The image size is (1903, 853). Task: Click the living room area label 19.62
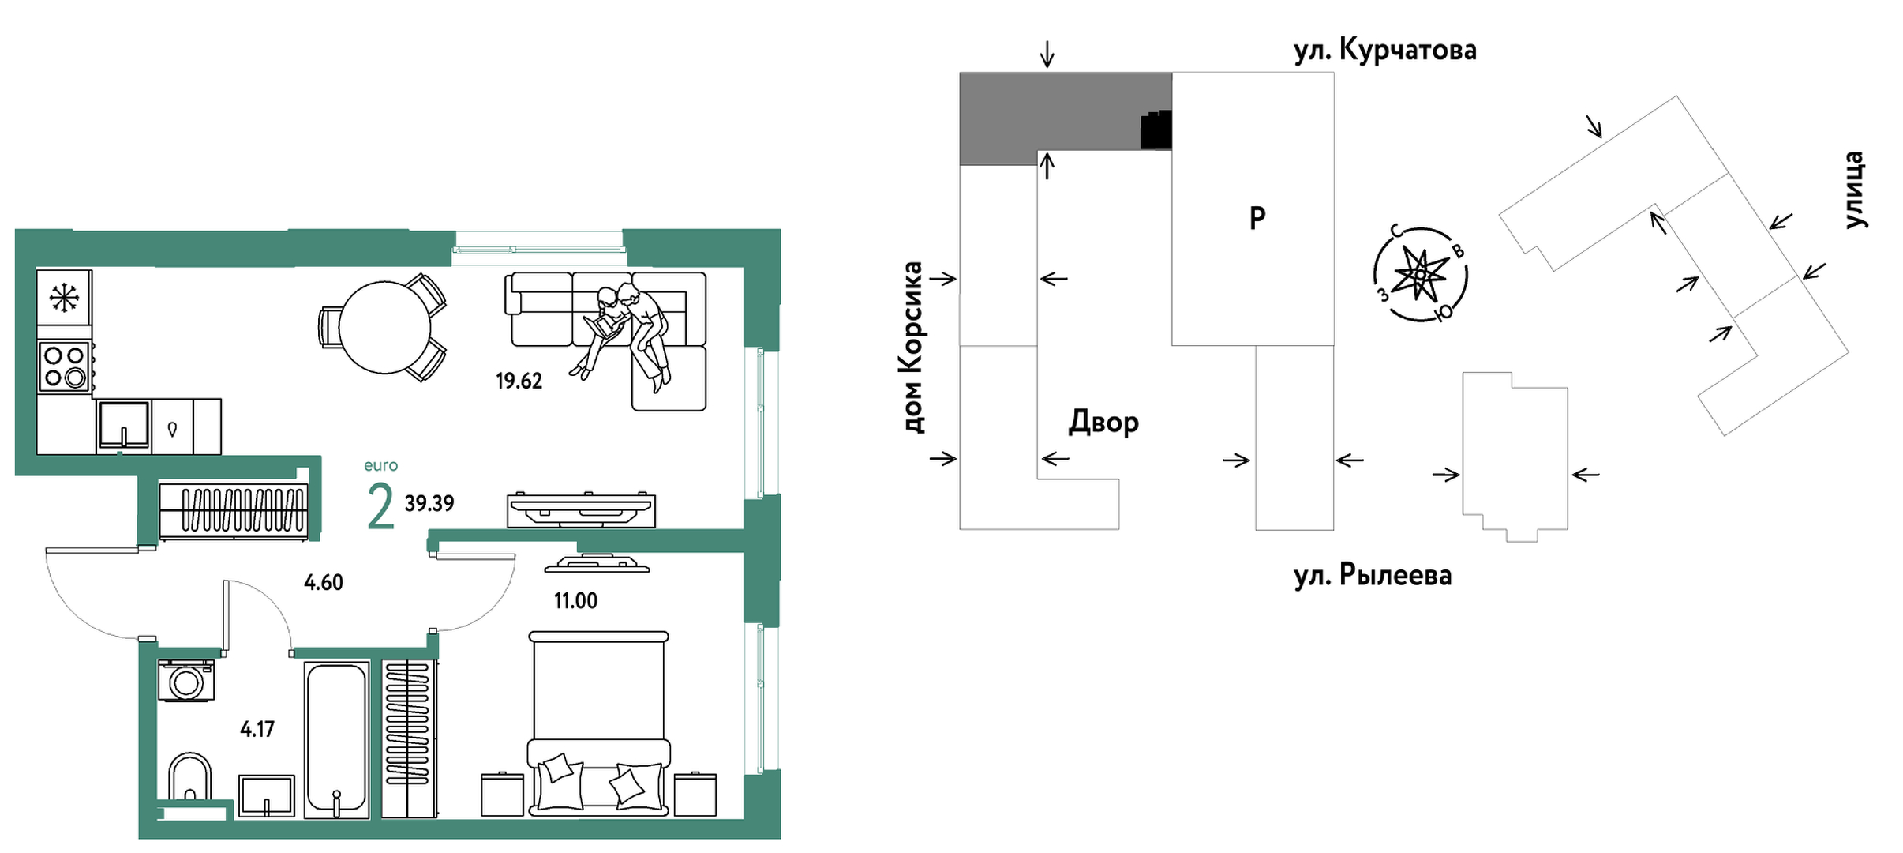tap(519, 381)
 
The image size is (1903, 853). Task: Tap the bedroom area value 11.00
tap(575, 601)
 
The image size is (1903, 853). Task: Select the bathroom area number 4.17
tap(257, 729)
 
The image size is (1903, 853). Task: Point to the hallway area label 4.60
tap(324, 583)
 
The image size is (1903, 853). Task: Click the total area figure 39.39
tap(429, 504)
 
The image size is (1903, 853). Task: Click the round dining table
tap(384, 327)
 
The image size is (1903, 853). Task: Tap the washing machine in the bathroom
tap(186, 681)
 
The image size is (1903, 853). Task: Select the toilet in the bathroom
tap(189, 778)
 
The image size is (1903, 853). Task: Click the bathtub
tap(337, 739)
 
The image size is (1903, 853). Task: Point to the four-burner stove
tap(64, 367)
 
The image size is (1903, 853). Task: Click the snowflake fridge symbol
tap(64, 297)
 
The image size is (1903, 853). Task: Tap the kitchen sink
tap(124, 426)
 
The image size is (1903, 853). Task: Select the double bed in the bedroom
tap(598, 723)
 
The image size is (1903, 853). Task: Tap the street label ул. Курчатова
tap(1384, 51)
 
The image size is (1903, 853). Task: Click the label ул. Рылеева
tap(1372, 575)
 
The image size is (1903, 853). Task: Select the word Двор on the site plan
tap(1103, 423)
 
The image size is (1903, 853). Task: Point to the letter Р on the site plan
tap(1257, 217)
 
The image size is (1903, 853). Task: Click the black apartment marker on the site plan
tap(1156, 130)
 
